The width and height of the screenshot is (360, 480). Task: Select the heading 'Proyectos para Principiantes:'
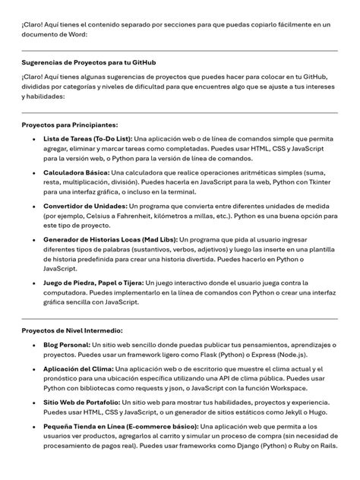[70, 125]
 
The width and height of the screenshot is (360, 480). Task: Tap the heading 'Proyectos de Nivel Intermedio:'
[72, 331]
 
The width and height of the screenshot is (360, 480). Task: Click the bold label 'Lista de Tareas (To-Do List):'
[88, 139]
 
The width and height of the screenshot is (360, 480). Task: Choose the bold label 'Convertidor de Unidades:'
[86, 206]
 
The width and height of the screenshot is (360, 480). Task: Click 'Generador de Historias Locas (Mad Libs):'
[110, 239]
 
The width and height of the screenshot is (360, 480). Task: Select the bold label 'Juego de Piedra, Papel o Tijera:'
[93, 282]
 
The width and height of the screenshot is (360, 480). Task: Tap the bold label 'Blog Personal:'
[66, 346]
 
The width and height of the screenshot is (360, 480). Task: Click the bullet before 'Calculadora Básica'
[32, 173]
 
